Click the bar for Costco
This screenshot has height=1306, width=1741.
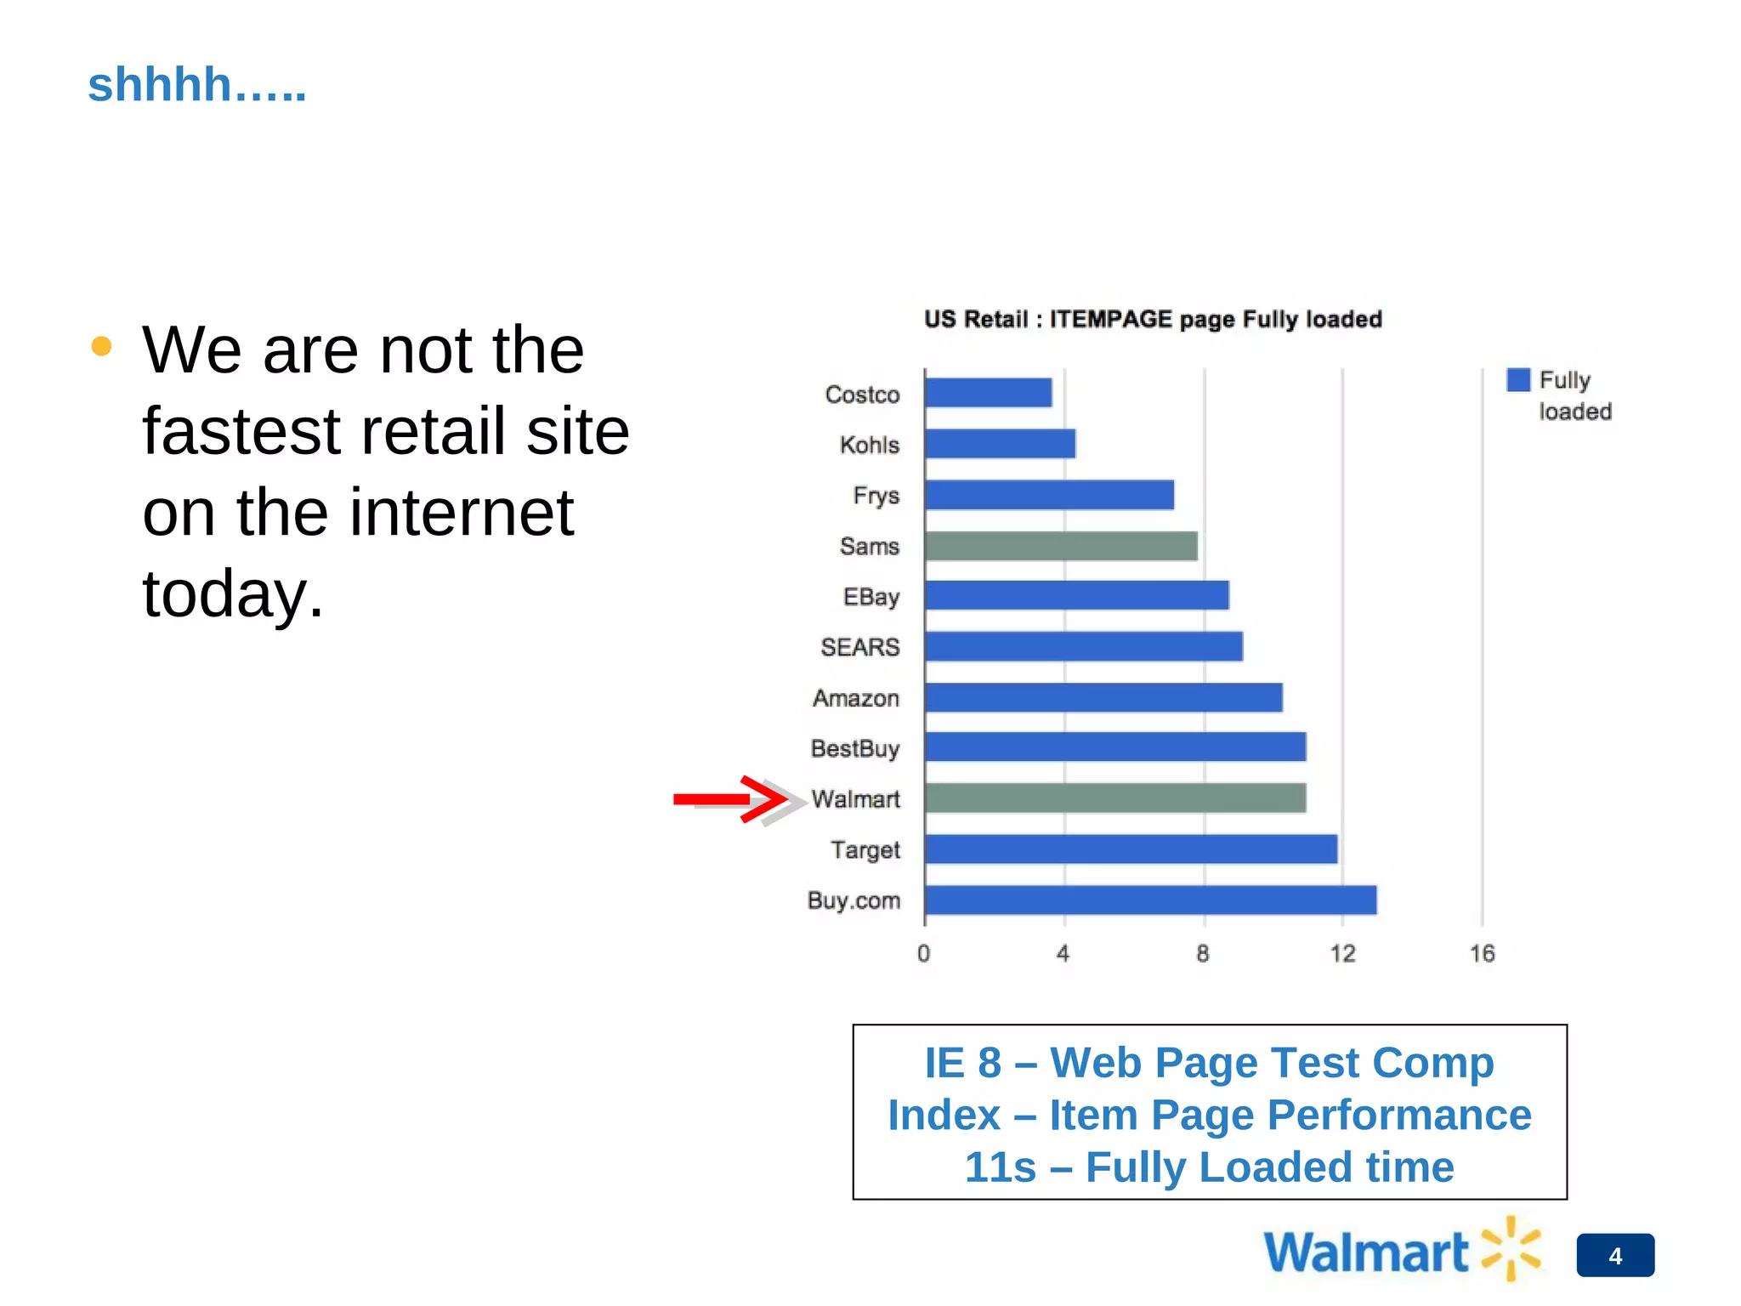click(988, 393)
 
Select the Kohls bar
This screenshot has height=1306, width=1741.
click(1000, 444)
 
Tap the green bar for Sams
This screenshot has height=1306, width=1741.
click(1061, 546)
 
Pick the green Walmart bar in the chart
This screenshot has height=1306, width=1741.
click(1115, 798)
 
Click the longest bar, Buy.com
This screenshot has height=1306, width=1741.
click(1150, 900)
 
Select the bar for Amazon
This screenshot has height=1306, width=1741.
click(1103, 697)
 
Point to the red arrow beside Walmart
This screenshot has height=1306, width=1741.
click(731, 799)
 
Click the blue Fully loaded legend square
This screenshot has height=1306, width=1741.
click(1518, 380)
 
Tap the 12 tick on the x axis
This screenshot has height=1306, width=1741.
click(1342, 954)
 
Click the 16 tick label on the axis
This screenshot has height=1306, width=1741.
click(1482, 954)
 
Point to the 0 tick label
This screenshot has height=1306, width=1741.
click(924, 954)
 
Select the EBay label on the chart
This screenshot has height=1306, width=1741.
click(870, 597)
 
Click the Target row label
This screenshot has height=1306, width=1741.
click(865, 849)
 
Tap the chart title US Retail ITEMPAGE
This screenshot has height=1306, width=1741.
click(1153, 320)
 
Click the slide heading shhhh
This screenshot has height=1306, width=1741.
click(196, 85)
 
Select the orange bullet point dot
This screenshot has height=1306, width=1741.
click(101, 346)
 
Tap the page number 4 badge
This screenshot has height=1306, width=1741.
click(1615, 1256)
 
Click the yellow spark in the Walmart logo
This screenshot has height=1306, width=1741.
click(1511, 1248)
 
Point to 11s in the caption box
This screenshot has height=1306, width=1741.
click(1000, 1167)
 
